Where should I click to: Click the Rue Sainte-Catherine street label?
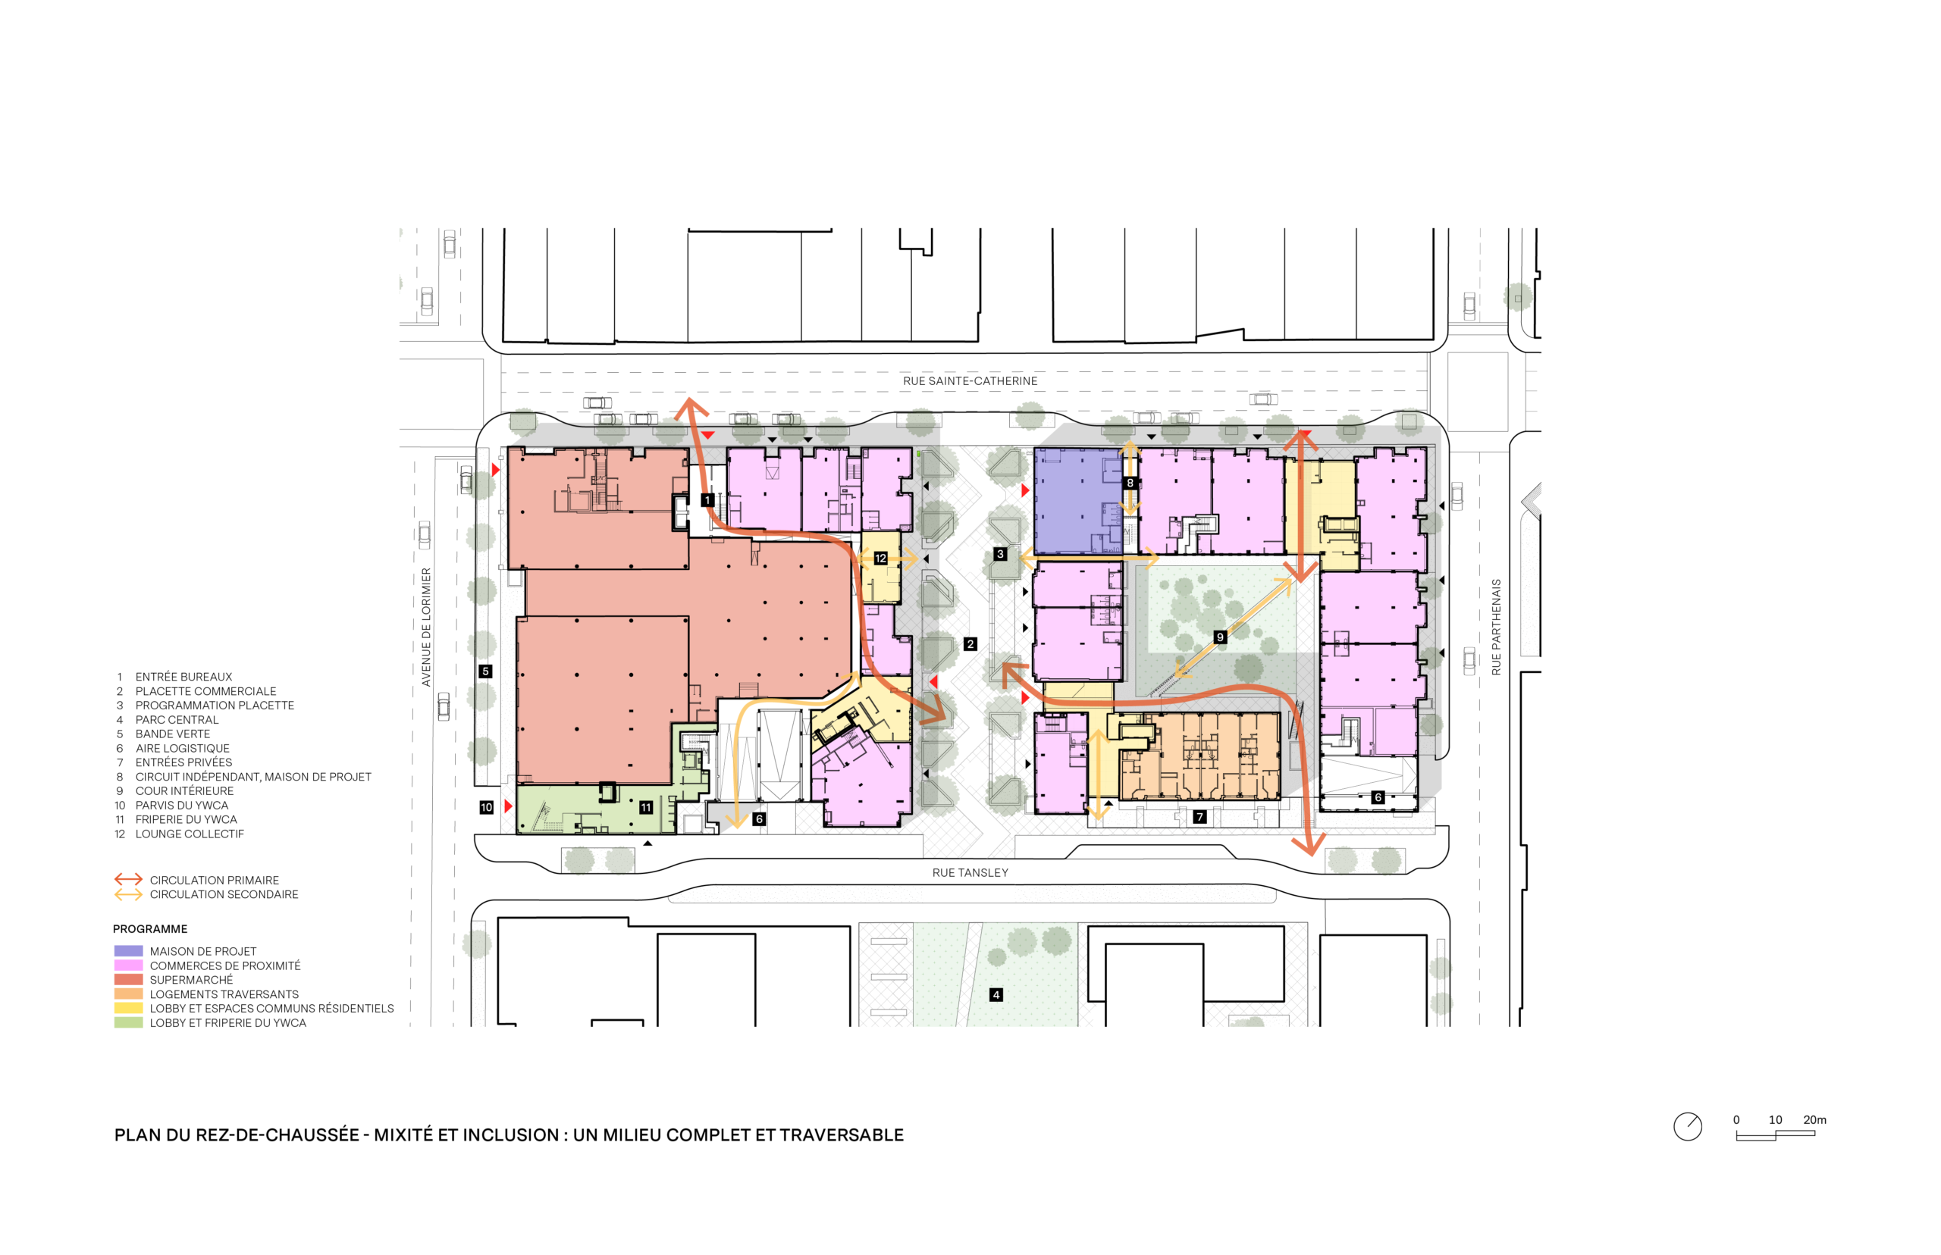click(x=969, y=380)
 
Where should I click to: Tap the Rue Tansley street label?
click(x=970, y=872)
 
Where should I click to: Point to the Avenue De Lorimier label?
click(x=425, y=627)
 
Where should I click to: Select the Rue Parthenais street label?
click(x=1496, y=627)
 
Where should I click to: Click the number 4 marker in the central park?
click(x=996, y=994)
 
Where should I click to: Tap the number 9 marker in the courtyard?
click(x=1219, y=637)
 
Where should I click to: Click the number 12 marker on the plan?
click(x=880, y=559)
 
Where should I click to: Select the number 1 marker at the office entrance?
click(x=707, y=499)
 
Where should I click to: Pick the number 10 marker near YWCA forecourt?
click(x=487, y=807)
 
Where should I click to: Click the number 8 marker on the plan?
click(x=1130, y=483)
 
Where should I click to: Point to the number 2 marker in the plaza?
click(x=970, y=644)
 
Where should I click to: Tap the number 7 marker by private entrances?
click(x=1199, y=816)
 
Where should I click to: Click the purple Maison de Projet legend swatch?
click(x=128, y=951)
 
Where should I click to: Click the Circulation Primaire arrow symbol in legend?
click(x=128, y=879)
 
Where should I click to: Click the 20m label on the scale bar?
click(x=1814, y=1119)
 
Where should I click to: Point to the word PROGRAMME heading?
click(x=150, y=929)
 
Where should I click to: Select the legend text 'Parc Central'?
click(x=177, y=720)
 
